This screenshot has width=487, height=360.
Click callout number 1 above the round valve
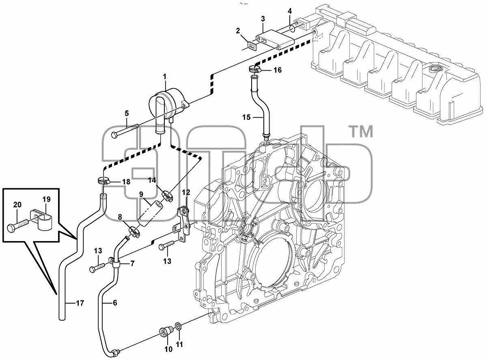(x=165, y=77)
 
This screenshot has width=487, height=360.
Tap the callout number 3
(x=263, y=19)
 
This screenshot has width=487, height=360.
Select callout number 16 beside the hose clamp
(x=278, y=70)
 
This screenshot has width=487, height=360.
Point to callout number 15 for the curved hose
(x=246, y=117)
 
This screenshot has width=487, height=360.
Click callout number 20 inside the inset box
(x=17, y=205)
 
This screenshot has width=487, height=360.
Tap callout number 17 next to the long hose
(x=80, y=303)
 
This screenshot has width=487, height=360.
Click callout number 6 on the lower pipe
(x=115, y=303)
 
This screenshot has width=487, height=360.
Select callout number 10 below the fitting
(x=169, y=349)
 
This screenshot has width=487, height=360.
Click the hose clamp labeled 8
(x=134, y=232)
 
